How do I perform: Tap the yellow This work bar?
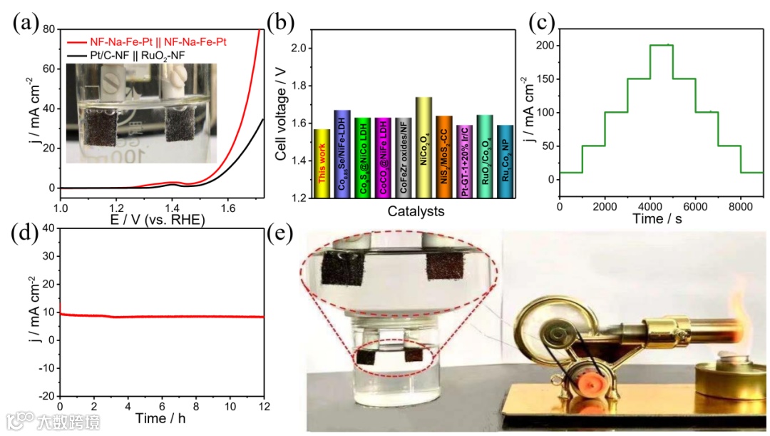pos(322,163)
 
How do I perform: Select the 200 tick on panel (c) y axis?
pos(545,45)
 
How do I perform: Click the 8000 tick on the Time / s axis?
pos(740,206)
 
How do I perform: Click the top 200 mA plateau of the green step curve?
pos(661,45)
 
